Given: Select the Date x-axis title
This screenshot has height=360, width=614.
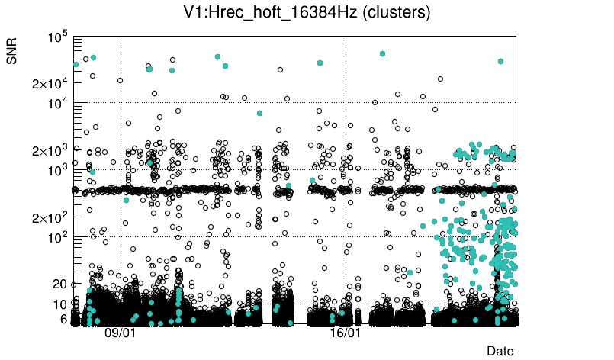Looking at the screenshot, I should (x=500, y=350).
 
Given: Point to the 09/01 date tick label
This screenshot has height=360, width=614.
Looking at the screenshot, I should (x=120, y=333).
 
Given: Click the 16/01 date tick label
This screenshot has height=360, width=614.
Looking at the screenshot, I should (x=345, y=333).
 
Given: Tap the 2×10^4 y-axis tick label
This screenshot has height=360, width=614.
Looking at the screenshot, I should (x=50, y=83).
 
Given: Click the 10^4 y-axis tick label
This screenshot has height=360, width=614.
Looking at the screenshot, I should (x=58, y=103).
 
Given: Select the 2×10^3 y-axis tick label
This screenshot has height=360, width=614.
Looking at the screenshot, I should (x=50, y=150).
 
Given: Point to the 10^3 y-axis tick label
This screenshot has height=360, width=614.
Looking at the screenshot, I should (x=58, y=170).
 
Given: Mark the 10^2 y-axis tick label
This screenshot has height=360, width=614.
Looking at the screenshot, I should (x=58, y=237).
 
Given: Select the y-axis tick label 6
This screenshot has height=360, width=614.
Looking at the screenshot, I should (x=64, y=319).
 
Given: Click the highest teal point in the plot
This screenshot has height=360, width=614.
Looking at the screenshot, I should (x=382, y=53).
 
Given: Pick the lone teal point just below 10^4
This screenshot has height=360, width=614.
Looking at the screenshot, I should (x=259, y=113).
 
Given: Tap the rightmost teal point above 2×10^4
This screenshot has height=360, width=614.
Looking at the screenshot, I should (x=500, y=61).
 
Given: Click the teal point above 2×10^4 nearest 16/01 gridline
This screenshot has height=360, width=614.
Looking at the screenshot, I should (x=320, y=63).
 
